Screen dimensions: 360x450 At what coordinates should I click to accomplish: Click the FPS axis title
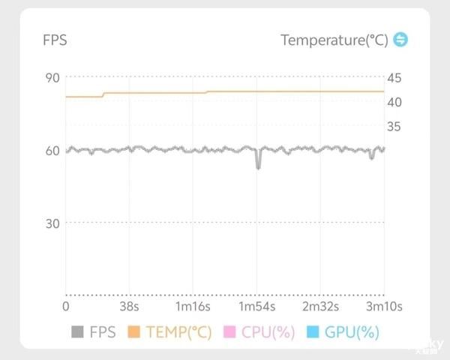(x=55, y=40)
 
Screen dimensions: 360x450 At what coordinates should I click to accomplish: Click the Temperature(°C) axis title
(x=334, y=40)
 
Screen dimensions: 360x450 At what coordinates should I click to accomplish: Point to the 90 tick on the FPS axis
(x=52, y=78)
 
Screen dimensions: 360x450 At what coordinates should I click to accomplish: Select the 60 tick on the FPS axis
(x=52, y=151)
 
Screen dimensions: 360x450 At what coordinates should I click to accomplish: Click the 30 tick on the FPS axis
(x=52, y=223)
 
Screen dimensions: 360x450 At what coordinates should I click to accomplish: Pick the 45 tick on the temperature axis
(x=394, y=78)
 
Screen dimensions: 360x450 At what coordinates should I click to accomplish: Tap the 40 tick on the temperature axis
(x=394, y=102)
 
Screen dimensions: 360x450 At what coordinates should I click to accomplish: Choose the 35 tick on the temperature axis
(x=394, y=126)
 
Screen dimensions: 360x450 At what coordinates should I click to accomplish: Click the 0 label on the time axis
(x=65, y=307)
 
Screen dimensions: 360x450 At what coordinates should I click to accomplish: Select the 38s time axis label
(x=129, y=307)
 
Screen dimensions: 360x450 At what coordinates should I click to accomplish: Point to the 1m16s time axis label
(x=193, y=307)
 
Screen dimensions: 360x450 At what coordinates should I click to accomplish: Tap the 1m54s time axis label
(x=257, y=307)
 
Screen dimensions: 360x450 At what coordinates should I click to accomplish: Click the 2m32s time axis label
(x=321, y=307)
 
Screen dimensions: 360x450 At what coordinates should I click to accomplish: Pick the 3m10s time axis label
(x=385, y=307)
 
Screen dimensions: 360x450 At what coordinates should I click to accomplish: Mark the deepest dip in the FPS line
(x=258, y=166)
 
